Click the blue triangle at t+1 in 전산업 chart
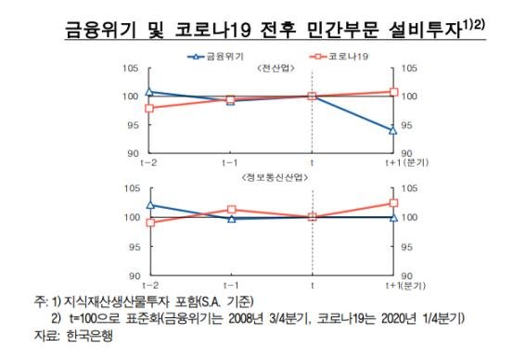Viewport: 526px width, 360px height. pos(394,131)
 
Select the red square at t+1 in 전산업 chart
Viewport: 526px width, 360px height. pos(394,92)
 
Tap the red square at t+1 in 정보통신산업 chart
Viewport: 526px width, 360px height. pos(394,202)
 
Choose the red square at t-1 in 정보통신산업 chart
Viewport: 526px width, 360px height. pos(231,210)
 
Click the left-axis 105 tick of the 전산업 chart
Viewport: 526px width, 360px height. pos(131,69)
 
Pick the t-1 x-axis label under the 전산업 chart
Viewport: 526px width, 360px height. pos(229,162)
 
